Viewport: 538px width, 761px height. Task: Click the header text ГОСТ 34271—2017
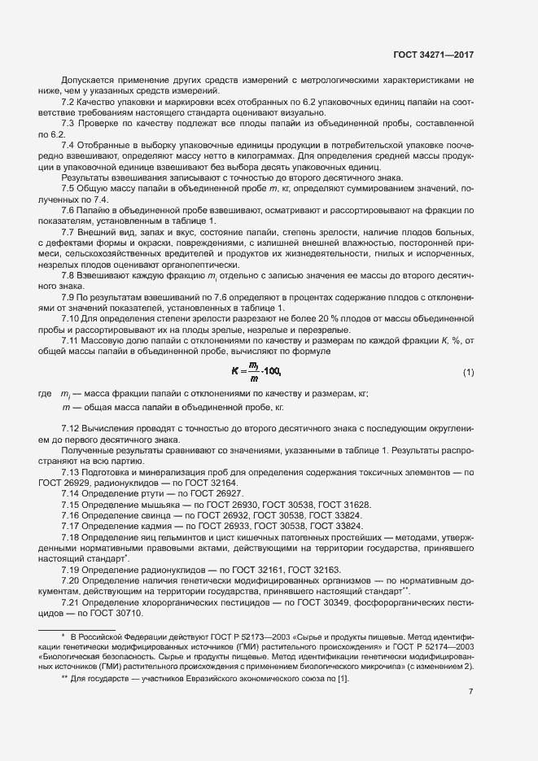432,55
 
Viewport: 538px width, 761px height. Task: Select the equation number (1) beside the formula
468,373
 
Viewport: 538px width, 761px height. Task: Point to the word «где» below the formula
45,393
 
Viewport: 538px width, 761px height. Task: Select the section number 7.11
72,340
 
